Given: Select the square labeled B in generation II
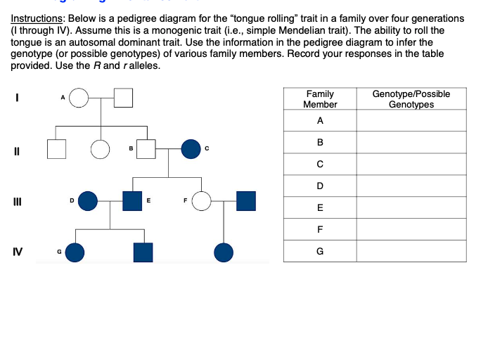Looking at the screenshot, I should (x=146, y=149).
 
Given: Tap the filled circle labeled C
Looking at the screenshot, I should (x=191, y=149).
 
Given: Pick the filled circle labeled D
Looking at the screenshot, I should (x=87, y=201).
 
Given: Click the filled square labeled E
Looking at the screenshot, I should (x=132, y=201).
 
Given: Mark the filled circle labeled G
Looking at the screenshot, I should (x=75, y=252).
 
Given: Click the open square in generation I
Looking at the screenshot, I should (x=124, y=98).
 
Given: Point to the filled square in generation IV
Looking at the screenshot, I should (x=143, y=252).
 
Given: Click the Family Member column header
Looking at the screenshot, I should (x=320, y=99).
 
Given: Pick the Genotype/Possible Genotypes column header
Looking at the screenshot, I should (x=411, y=99).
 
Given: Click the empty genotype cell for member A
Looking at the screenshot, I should (x=411, y=121).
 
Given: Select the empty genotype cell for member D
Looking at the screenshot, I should (x=411, y=186).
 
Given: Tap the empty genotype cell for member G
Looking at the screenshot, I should (x=411, y=251).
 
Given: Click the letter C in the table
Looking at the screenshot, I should (x=320, y=165).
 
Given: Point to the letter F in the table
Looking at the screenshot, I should (x=320, y=229).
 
